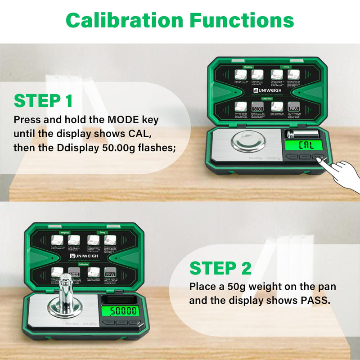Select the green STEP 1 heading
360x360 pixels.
[x=43, y=101]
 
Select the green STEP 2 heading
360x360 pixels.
[x=220, y=268]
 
